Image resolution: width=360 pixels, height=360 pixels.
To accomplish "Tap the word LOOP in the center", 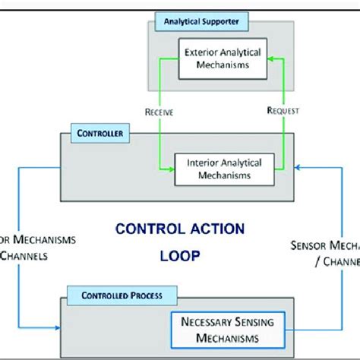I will pos(180,257).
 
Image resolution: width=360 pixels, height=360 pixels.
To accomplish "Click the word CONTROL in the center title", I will pos(144,228).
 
